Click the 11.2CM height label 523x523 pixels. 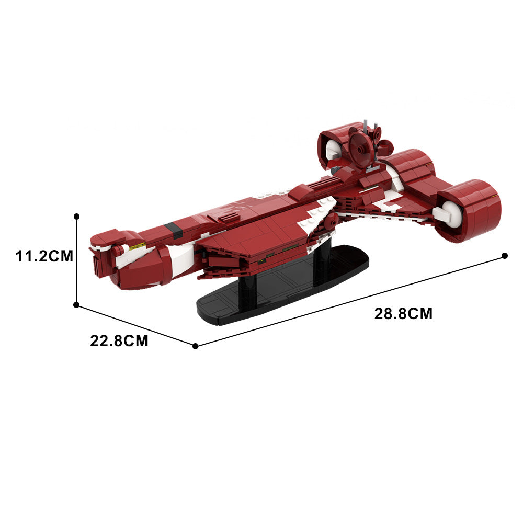44,256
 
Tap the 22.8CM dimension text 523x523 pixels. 119,341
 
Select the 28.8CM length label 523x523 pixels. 403,314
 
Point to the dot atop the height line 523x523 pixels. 77,217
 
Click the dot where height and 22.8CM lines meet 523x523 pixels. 76,305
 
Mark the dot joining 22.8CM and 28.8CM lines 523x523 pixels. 196,346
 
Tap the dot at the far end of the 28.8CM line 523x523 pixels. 505,256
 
